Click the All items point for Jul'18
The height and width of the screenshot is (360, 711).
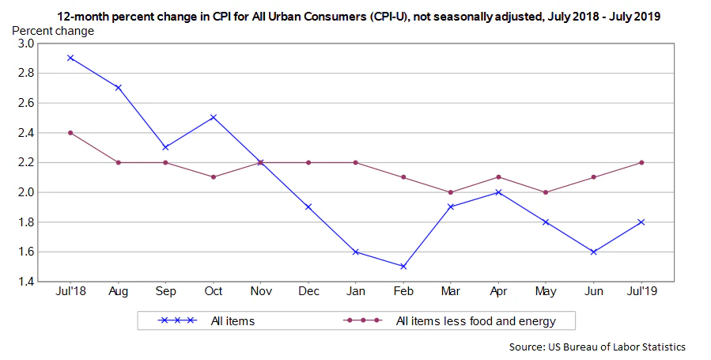coord(70,58)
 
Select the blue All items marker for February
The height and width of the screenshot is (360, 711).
coord(403,267)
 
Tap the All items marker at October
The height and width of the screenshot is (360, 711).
coord(214,117)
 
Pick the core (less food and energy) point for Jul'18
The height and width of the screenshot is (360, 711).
coord(70,132)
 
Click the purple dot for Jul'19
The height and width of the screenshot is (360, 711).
coord(641,162)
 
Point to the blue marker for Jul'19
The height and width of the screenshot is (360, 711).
coord(641,222)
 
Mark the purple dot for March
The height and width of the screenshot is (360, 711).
coord(451,192)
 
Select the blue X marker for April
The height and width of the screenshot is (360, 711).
coord(498,192)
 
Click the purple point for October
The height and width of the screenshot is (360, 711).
coord(214,177)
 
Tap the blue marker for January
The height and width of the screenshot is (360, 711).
coord(356,252)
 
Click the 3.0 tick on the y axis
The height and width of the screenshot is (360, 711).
coord(25,44)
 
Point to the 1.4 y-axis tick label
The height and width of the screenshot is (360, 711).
coord(25,282)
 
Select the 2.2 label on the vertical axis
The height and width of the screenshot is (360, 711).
coord(25,162)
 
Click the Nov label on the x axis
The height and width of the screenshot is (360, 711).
coord(261,291)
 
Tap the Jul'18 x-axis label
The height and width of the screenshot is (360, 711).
coord(70,291)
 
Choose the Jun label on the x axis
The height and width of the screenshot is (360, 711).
coord(594,291)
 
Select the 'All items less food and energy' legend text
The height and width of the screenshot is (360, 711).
coord(475,320)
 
